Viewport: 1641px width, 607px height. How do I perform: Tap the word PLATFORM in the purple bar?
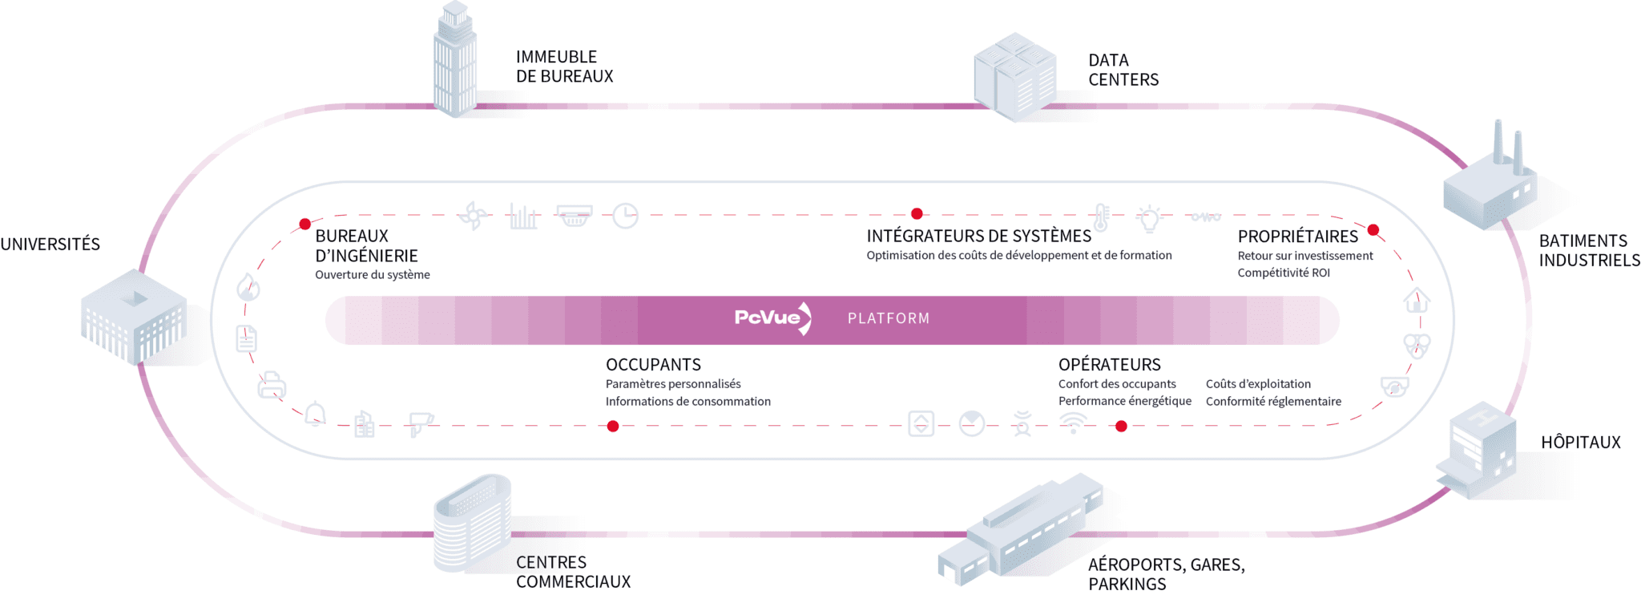click(889, 318)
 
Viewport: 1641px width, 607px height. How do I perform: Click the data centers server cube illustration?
click(1014, 77)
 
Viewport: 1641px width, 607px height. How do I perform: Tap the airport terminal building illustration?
click(1021, 529)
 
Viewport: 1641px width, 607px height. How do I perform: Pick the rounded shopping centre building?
click(472, 522)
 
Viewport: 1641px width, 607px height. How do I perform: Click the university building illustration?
click(134, 316)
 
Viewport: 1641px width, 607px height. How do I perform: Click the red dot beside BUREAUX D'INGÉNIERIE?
click(304, 225)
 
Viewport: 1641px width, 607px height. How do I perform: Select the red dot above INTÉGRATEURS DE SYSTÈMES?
click(917, 214)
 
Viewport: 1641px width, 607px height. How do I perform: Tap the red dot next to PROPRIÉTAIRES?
click(1373, 230)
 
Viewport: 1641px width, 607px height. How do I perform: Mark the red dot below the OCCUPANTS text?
click(613, 427)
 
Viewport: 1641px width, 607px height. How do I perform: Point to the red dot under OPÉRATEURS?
click(1121, 427)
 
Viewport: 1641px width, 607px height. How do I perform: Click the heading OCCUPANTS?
click(653, 365)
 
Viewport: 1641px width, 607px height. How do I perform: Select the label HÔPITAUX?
click(1580, 443)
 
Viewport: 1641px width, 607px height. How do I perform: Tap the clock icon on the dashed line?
click(625, 216)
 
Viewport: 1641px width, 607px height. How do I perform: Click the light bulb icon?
click(1149, 216)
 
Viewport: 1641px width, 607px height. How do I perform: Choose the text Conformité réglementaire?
click(1273, 402)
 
